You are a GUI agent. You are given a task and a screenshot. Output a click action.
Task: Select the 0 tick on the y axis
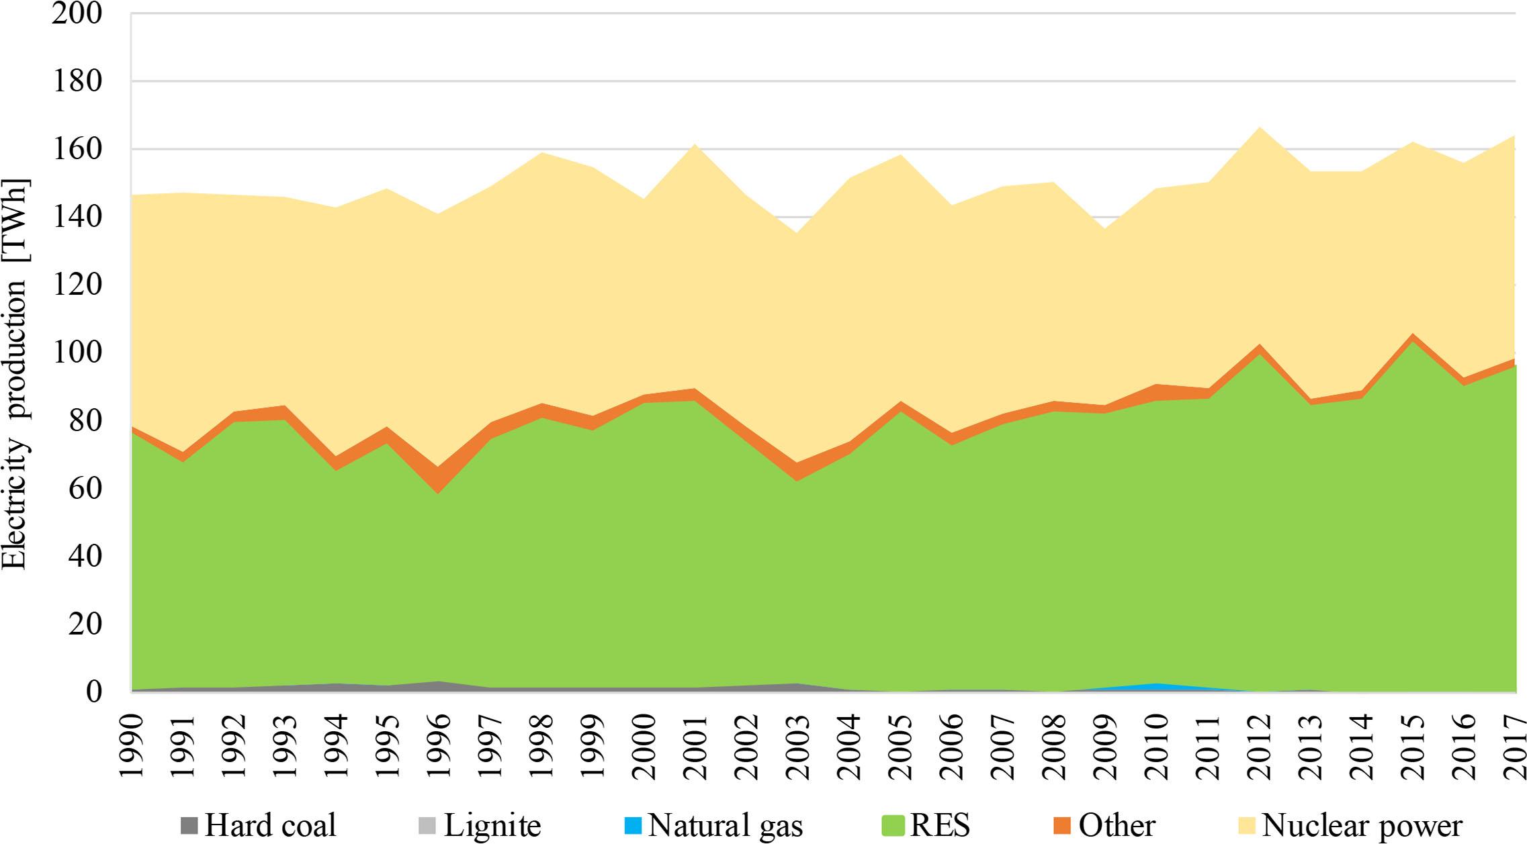(93, 692)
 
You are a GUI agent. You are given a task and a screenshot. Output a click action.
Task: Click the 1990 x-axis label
(132, 745)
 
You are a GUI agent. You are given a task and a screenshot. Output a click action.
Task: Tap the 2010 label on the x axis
(1156, 745)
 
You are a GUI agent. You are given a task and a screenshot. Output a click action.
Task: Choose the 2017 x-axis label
(1514, 745)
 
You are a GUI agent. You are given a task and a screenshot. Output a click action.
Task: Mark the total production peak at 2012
(1258, 128)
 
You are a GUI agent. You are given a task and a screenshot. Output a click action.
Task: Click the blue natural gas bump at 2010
(1156, 686)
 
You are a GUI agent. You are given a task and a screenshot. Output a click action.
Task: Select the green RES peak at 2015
(1412, 342)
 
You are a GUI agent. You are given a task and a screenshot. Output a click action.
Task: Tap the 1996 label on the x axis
(439, 745)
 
